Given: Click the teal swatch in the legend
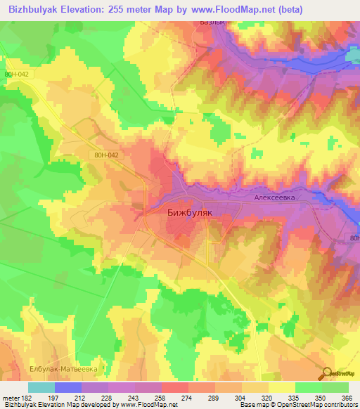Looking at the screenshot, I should pyautogui.click(x=41, y=387).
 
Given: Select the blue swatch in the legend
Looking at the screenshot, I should pyautogui.click(x=68, y=387).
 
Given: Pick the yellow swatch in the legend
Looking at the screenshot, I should pyautogui.click(x=282, y=387).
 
